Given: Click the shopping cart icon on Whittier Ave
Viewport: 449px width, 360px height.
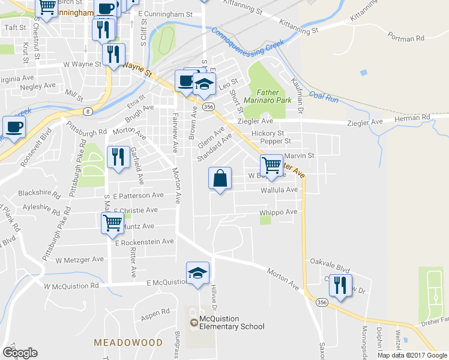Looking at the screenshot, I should point(272,165).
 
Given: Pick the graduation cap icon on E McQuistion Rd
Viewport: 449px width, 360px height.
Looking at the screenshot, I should point(198,274).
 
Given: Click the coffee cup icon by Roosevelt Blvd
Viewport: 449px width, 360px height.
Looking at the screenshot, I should point(14,127).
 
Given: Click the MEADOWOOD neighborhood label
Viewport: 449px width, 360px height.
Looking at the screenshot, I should point(128,343).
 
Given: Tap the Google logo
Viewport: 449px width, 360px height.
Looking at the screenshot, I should point(20,353).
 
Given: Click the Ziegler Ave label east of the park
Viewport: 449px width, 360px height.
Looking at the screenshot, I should point(369,122).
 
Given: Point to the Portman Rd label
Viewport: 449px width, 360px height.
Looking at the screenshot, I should point(406,37).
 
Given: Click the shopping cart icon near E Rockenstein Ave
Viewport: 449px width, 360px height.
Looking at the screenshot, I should point(112,223).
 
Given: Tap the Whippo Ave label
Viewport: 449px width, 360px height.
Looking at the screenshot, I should point(278,212).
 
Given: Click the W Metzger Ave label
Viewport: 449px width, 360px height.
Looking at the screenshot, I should point(80,260).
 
